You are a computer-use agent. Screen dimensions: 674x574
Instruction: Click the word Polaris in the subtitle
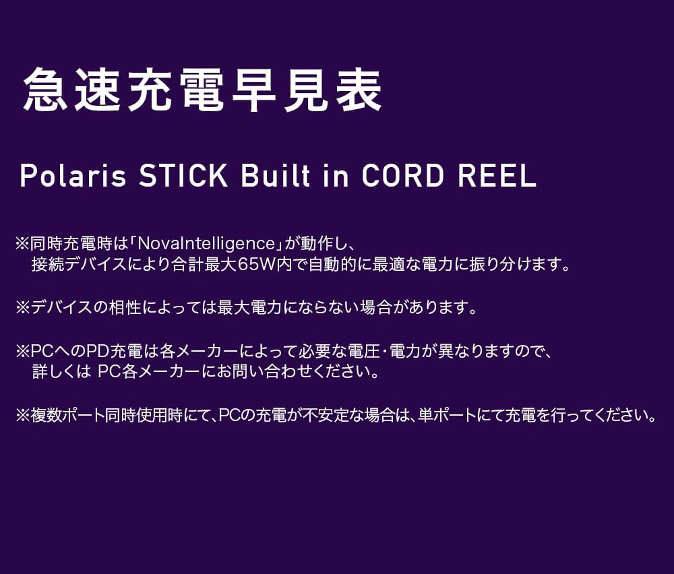click(x=73, y=176)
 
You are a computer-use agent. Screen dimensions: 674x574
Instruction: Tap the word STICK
click(x=183, y=176)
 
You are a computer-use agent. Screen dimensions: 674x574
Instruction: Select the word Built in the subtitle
click(x=276, y=176)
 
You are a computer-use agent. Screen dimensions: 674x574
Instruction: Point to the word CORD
click(x=403, y=176)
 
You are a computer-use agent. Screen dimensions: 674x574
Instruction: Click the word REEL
click(x=497, y=176)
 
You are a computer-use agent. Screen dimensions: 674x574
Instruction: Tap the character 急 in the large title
click(x=46, y=91)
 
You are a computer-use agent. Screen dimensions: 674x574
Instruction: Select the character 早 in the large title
click(x=254, y=91)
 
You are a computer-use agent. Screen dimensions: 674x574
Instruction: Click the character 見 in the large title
click(x=306, y=91)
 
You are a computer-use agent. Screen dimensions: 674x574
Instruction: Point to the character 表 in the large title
click(x=359, y=91)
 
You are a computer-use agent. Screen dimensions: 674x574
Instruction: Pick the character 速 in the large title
click(x=98, y=91)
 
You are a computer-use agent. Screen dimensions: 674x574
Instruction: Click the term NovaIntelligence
click(x=207, y=244)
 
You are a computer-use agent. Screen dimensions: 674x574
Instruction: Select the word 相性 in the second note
click(x=125, y=308)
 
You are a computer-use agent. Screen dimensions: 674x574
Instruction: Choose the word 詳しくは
click(x=62, y=372)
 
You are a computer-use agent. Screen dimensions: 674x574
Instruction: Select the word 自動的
click(x=333, y=264)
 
